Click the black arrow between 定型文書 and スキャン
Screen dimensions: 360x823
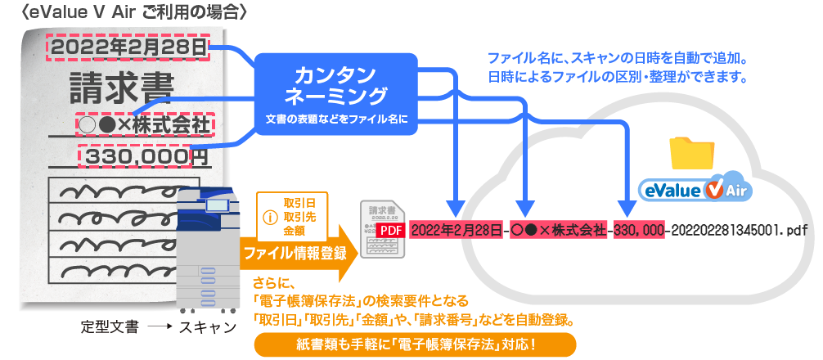158,328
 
